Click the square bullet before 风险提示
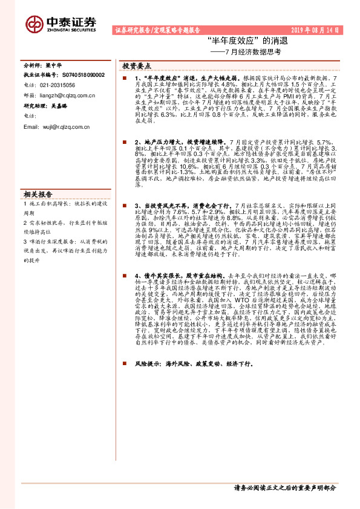tap(124, 365)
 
